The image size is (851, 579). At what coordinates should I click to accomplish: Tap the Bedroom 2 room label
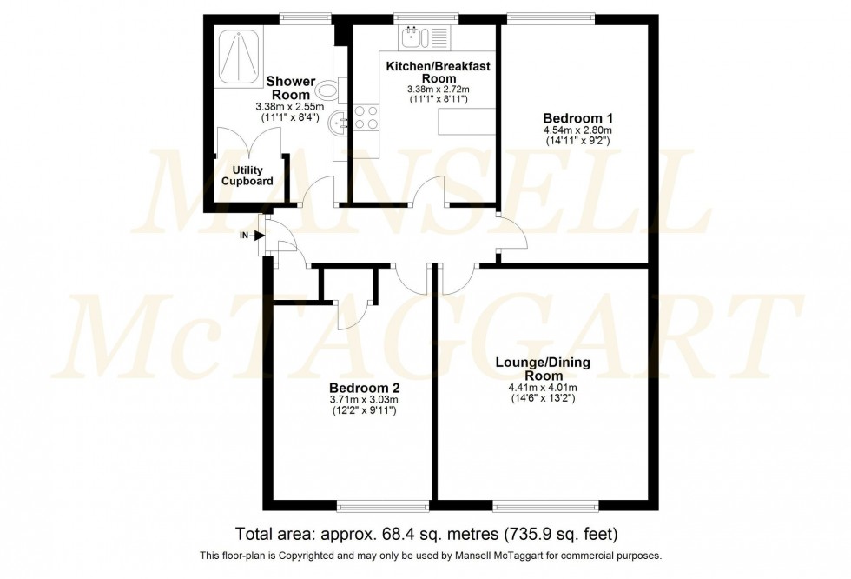(x=364, y=388)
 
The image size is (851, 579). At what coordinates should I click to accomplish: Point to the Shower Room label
(x=291, y=88)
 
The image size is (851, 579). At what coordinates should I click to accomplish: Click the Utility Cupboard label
(x=247, y=176)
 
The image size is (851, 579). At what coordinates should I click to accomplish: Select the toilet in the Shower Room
(x=328, y=89)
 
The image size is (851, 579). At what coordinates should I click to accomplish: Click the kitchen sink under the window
(x=412, y=37)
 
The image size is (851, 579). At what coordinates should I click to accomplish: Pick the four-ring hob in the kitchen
(x=365, y=116)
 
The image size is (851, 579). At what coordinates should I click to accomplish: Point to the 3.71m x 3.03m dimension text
(x=364, y=400)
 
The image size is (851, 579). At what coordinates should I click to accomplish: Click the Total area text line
(x=425, y=533)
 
